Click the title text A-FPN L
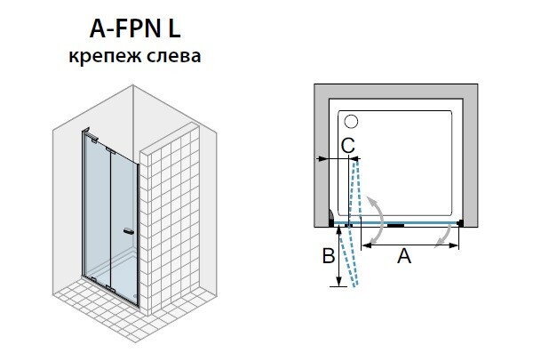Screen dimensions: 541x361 [x=135, y=29]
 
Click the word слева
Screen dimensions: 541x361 [x=174, y=56]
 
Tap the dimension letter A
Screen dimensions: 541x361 [x=404, y=256]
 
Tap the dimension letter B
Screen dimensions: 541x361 [x=329, y=256]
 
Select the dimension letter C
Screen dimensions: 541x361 [x=348, y=146]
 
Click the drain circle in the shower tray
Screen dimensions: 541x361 [x=351, y=122]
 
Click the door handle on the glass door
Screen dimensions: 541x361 [x=129, y=231]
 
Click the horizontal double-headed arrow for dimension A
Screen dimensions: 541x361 [x=410, y=245]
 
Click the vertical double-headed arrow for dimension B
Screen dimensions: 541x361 [x=339, y=256]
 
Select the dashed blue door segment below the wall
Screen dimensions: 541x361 [x=348, y=256]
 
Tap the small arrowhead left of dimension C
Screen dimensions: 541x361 [x=322, y=159]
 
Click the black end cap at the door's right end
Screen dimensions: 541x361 [x=460, y=223]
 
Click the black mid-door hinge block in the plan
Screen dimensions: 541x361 [x=395, y=225]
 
